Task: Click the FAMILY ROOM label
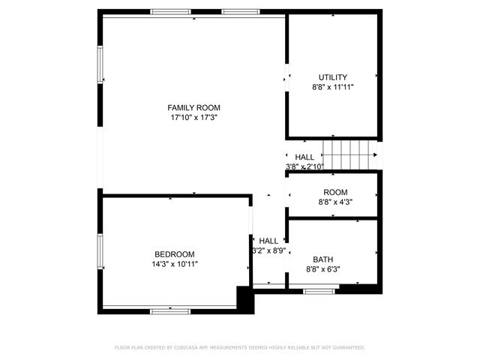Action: tap(193, 108)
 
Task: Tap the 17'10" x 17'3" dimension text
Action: tap(193, 118)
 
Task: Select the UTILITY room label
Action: tap(333, 77)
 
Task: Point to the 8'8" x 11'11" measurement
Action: tap(333, 87)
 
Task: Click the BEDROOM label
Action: tap(175, 254)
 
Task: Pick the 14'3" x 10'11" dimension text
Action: tap(175, 264)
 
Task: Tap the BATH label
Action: tap(323, 259)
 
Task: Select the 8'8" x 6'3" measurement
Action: tap(323, 268)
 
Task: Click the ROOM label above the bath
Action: tap(335, 193)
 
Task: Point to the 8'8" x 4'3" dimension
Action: tap(335, 202)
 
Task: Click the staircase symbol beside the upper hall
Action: tap(349, 154)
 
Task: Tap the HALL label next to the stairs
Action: tap(304, 157)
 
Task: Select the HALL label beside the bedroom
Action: tap(268, 241)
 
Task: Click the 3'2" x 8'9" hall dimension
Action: tap(268, 250)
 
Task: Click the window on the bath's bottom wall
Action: tap(319, 289)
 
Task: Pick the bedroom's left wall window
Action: tap(100, 251)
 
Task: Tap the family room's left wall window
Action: tap(100, 64)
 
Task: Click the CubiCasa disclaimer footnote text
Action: tap(240, 348)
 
